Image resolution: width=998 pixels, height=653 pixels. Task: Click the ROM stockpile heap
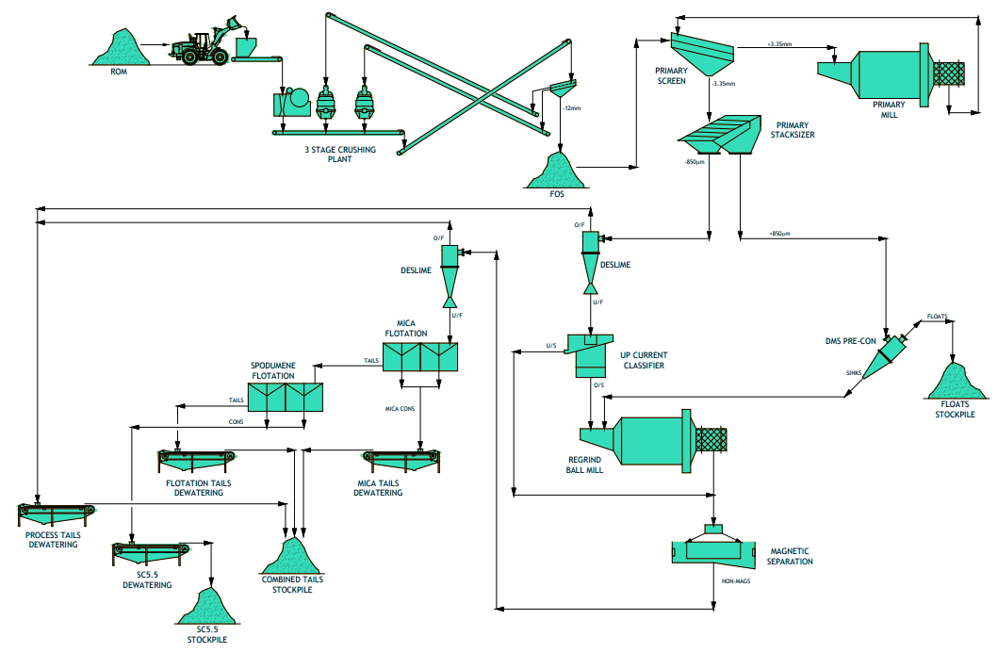(x=121, y=48)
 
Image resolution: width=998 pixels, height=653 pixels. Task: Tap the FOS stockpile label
(x=557, y=194)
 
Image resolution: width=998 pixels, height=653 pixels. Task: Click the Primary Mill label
(x=889, y=109)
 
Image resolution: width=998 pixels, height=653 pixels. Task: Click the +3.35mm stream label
(x=779, y=44)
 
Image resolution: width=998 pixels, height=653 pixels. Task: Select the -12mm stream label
(x=571, y=108)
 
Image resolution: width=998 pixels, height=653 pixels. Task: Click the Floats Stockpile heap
(x=956, y=382)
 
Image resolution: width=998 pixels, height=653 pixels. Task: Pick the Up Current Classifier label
(x=644, y=360)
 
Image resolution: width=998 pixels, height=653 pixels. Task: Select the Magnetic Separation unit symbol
(x=713, y=547)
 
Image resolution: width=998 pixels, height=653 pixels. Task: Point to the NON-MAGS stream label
(x=736, y=581)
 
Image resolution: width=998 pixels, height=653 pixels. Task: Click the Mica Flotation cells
(x=420, y=357)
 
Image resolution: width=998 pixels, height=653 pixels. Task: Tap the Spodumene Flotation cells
(x=286, y=397)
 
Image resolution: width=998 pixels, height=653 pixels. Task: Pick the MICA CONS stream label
(x=400, y=409)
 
